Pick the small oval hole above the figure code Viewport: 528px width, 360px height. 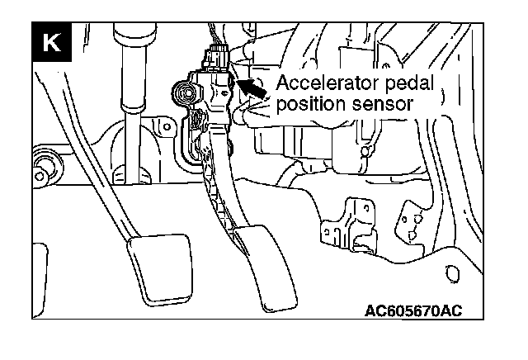[451, 272]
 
